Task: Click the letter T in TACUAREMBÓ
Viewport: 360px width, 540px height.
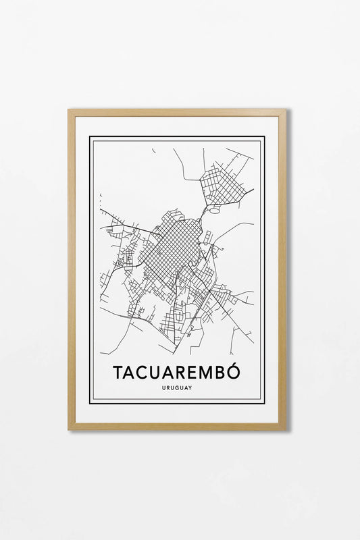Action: [118, 373]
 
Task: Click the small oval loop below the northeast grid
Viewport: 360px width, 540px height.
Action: [215, 210]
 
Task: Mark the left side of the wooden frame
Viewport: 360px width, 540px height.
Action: [72, 269]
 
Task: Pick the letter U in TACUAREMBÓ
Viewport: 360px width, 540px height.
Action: [157, 373]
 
